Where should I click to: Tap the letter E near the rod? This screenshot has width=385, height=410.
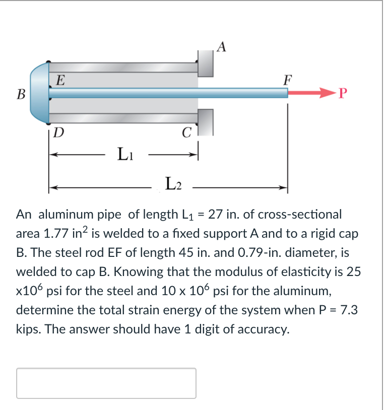[60, 80]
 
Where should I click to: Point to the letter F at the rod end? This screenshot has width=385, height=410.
[287, 80]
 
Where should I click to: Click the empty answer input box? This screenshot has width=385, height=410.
[106, 383]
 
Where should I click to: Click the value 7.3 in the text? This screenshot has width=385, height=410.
[347, 310]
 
